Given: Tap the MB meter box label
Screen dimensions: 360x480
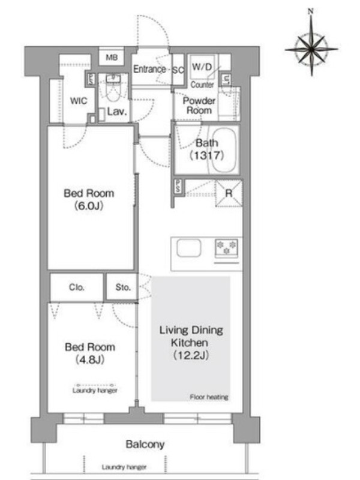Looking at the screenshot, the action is coord(112,57).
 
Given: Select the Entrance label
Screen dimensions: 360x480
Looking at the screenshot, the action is coord(149,69).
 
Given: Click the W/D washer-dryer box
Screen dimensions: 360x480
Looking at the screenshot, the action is coord(202,67).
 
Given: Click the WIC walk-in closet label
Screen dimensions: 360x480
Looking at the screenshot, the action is coord(79,101).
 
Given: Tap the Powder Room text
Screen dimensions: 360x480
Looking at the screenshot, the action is coord(199,106).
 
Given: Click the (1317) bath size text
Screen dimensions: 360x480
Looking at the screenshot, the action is coord(207,155).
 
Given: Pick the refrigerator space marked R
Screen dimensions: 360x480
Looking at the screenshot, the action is coord(229,193).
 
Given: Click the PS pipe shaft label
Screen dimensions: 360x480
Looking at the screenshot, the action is coord(178,186).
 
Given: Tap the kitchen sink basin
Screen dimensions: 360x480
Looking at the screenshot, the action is coord(189,248).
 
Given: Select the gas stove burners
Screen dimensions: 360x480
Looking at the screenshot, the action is coord(227,247).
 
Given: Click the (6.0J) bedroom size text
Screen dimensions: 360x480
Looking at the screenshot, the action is coord(89,206).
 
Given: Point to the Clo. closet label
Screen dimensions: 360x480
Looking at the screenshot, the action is coord(77,287).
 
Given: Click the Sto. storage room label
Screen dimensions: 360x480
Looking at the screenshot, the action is coord(123,287).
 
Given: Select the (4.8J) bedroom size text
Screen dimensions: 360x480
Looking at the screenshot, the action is coord(90,359).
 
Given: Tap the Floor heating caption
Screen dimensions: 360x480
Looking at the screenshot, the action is coord(209,397).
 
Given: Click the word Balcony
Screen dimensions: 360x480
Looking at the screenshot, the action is coord(145,445).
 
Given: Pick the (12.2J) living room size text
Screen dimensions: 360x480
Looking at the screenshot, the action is coord(191,355).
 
